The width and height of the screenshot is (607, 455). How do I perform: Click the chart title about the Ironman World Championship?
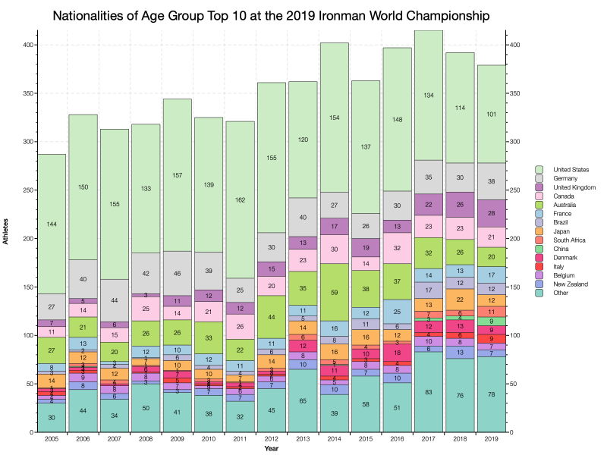tap(303, 15)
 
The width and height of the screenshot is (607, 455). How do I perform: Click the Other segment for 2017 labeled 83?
tap(429, 392)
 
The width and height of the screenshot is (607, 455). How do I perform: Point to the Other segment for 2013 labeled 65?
tap(303, 400)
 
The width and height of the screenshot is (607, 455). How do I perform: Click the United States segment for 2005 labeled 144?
tap(52, 224)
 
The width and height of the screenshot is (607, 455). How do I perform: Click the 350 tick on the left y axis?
tap(27, 93)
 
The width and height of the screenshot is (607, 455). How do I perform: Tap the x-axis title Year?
tap(271, 449)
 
